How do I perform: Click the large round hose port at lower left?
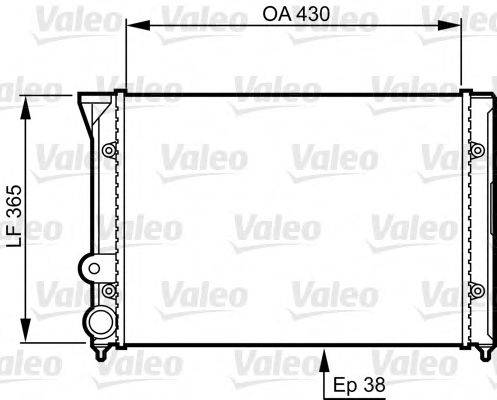click(x=100, y=323)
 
